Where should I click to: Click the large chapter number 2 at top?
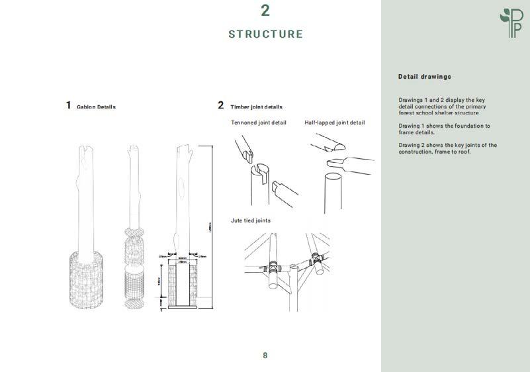[x=265, y=11]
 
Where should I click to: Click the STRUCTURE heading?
[x=265, y=34]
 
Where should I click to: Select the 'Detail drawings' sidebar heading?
[x=424, y=77]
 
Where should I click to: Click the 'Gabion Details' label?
[x=96, y=107]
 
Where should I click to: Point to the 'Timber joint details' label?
[x=256, y=107]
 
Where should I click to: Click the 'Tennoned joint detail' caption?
[x=259, y=122]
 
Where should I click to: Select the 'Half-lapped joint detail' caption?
[x=334, y=122]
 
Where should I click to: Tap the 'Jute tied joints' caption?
[x=250, y=220]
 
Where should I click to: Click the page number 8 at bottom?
[x=265, y=355]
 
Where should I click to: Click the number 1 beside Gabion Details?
[x=68, y=105]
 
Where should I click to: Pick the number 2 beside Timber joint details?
[x=221, y=105]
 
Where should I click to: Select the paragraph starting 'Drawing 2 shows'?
[x=447, y=148]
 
